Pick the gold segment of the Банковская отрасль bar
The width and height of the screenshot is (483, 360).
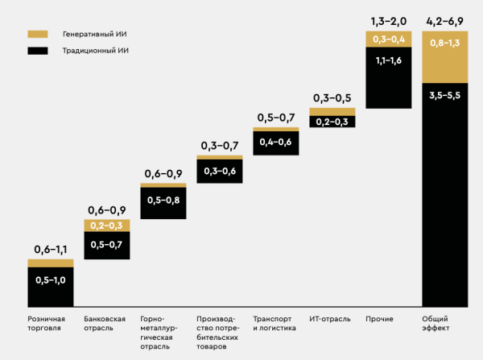tap(106, 226)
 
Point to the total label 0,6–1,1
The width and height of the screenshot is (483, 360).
tap(51, 250)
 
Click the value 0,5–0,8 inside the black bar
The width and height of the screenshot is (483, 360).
tap(163, 201)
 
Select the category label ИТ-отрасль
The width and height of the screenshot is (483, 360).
tap(330, 319)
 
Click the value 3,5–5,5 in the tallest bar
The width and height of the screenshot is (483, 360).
tap(444, 95)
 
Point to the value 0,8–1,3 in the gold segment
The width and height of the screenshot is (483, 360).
tap(444, 42)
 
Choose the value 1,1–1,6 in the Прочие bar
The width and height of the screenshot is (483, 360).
tap(388, 60)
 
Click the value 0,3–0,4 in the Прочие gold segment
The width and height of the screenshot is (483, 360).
tap(388, 39)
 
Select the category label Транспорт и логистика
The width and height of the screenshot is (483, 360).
tap(275, 324)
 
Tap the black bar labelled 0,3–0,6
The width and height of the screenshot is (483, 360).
tap(219, 171)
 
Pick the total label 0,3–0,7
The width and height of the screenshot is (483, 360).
tap(220, 146)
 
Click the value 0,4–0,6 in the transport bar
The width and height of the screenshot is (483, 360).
tap(275, 142)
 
